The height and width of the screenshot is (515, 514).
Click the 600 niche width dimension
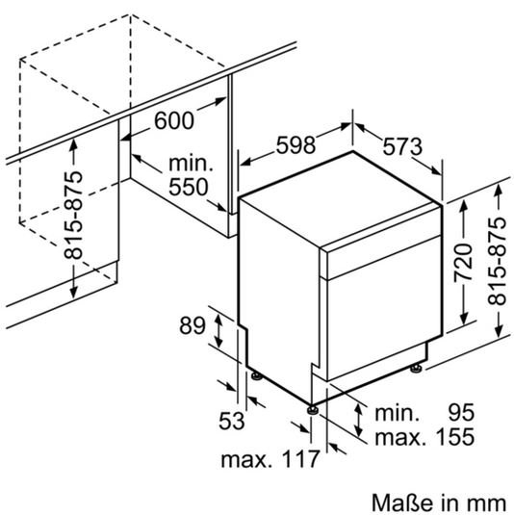point(174,120)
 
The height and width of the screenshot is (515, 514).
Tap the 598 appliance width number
point(296,144)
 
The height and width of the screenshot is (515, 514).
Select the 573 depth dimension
point(402,146)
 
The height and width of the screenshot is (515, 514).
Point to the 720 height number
point(463,263)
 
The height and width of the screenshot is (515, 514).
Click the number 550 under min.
point(189,187)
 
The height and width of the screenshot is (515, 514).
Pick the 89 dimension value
point(193,325)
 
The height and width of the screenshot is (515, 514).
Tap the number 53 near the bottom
point(232,421)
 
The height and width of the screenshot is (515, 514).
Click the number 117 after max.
point(300,459)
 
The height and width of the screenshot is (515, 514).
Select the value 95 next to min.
point(461,412)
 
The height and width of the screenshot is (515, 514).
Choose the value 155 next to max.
point(455,436)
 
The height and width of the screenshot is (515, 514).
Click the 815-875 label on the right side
point(497,261)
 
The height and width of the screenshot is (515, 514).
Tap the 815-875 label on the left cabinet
point(73,215)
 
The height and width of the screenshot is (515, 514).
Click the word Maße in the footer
point(398,502)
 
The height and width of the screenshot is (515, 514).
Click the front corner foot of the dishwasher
point(312,410)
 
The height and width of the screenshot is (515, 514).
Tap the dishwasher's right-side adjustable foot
point(416,368)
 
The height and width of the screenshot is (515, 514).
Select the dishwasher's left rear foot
point(256,376)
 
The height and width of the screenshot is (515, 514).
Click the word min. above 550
point(191,164)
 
